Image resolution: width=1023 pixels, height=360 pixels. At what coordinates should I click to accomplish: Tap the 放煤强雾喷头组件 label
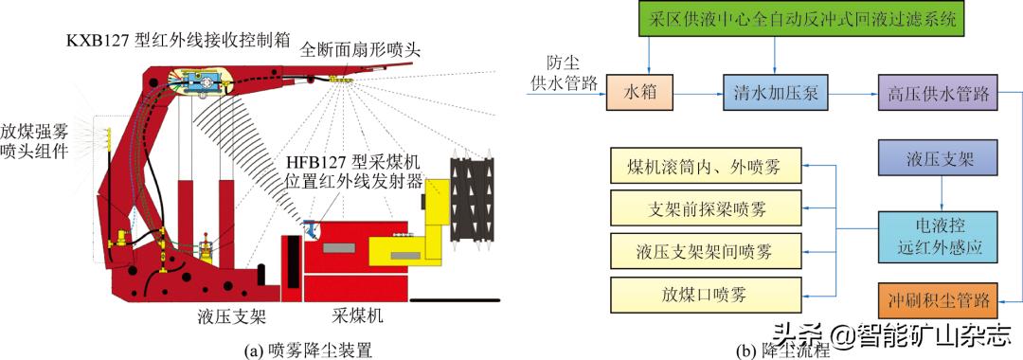pyautogui.click(x=35, y=140)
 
